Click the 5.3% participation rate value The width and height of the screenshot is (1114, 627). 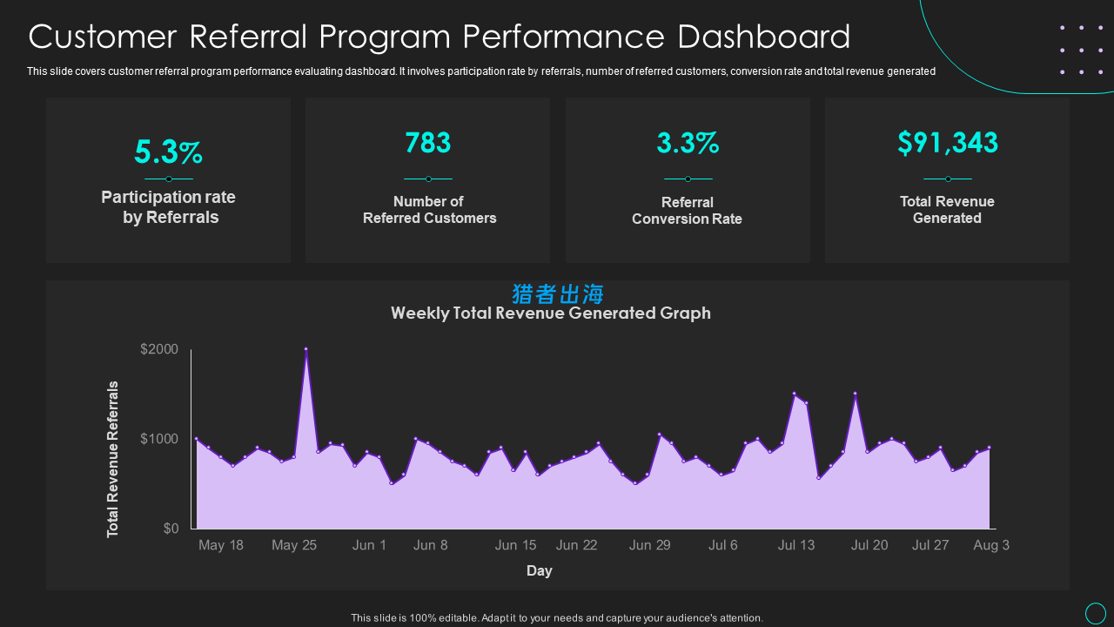(x=168, y=152)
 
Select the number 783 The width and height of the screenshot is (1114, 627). (x=427, y=143)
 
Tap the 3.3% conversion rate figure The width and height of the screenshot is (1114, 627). (x=687, y=143)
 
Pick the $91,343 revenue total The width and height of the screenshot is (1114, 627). (x=947, y=143)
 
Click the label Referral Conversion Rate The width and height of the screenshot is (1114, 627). (x=687, y=211)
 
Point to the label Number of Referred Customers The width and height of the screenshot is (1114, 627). (x=429, y=210)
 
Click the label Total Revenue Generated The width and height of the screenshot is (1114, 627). (x=947, y=210)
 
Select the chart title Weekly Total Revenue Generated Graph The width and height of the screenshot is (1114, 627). (x=550, y=313)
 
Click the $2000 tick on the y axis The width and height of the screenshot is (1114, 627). (x=159, y=350)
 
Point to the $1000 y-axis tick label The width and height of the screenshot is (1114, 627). (x=159, y=439)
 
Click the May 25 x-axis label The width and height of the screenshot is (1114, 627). (x=294, y=545)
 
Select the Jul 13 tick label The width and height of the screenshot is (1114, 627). (x=796, y=545)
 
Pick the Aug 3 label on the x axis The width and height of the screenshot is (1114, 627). (x=991, y=545)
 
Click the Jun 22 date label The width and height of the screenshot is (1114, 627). (x=576, y=545)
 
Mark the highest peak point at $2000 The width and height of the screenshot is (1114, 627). (x=305, y=349)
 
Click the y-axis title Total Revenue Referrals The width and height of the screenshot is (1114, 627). (x=113, y=459)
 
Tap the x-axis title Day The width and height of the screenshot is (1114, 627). (x=539, y=571)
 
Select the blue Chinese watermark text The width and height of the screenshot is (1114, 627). (x=558, y=294)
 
